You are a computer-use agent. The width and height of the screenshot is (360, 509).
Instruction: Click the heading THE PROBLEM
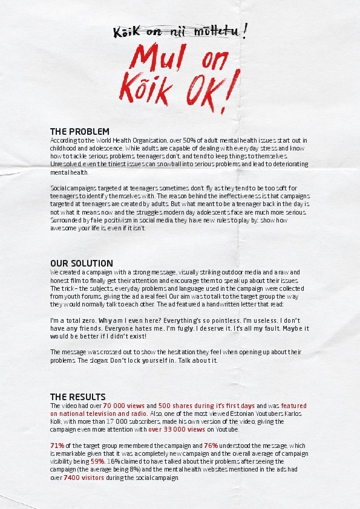pos(79,131)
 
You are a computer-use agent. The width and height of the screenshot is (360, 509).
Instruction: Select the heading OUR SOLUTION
pos(81,264)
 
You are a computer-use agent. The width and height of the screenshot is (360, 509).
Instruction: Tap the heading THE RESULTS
pos(77,397)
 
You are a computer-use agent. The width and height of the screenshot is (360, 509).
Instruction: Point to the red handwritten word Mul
pos(158,61)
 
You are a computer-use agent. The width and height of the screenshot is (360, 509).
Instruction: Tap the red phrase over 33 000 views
pos(177,430)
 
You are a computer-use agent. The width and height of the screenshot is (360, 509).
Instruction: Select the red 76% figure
pos(211,446)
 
